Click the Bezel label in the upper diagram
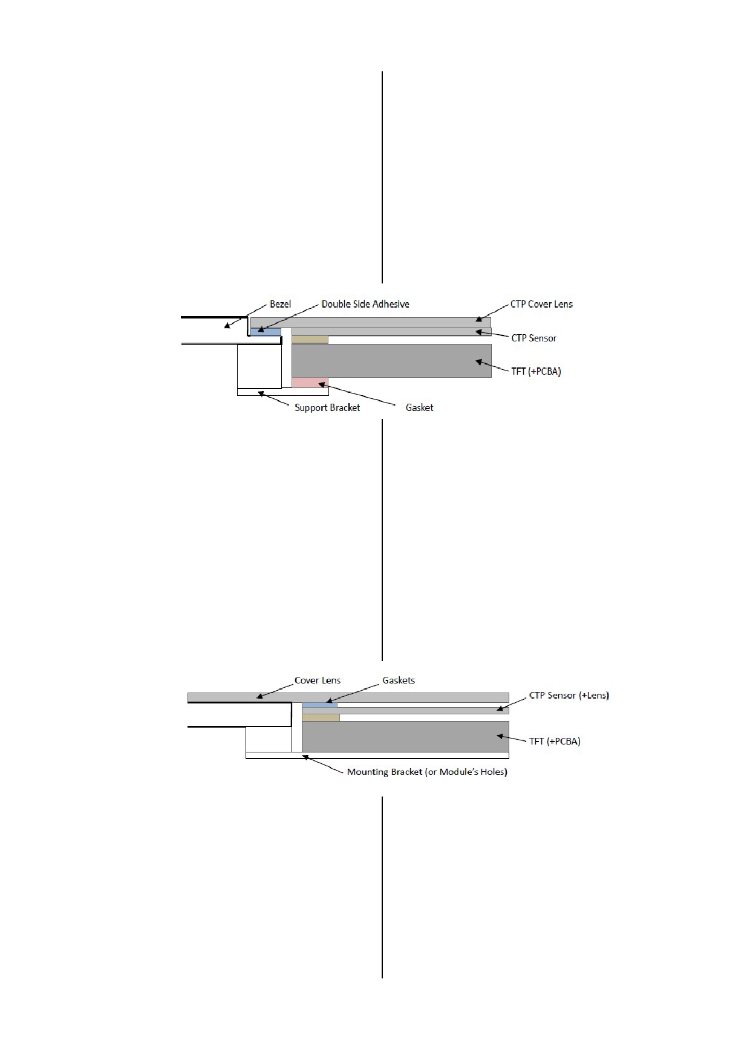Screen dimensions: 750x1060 point(280,304)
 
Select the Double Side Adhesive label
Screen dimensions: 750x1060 point(365,304)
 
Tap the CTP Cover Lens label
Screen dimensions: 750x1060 point(541,304)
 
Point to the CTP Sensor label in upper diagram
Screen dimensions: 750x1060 point(534,338)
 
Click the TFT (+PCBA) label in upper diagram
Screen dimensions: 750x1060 point(536,371)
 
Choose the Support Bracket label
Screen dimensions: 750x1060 point(327,407)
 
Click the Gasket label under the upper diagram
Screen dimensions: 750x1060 point(419,407)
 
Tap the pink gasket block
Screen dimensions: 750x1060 point(310,383)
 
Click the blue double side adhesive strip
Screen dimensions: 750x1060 point(266,332)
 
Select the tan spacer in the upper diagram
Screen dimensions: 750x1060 point(310,340)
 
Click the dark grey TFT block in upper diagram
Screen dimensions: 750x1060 point(391,361)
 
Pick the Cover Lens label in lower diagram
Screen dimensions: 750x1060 point(318,680)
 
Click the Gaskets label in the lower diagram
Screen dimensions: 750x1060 point(399,680)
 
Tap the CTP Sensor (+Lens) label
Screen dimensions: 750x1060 point(569,695)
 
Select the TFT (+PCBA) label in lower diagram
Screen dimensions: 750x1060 point(555,741)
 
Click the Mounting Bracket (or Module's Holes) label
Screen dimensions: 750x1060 point(427,772)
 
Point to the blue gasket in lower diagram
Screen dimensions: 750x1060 point(319,705)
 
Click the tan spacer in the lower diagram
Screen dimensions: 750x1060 point(321,717)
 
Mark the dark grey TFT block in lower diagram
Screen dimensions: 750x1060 point(405,736)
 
